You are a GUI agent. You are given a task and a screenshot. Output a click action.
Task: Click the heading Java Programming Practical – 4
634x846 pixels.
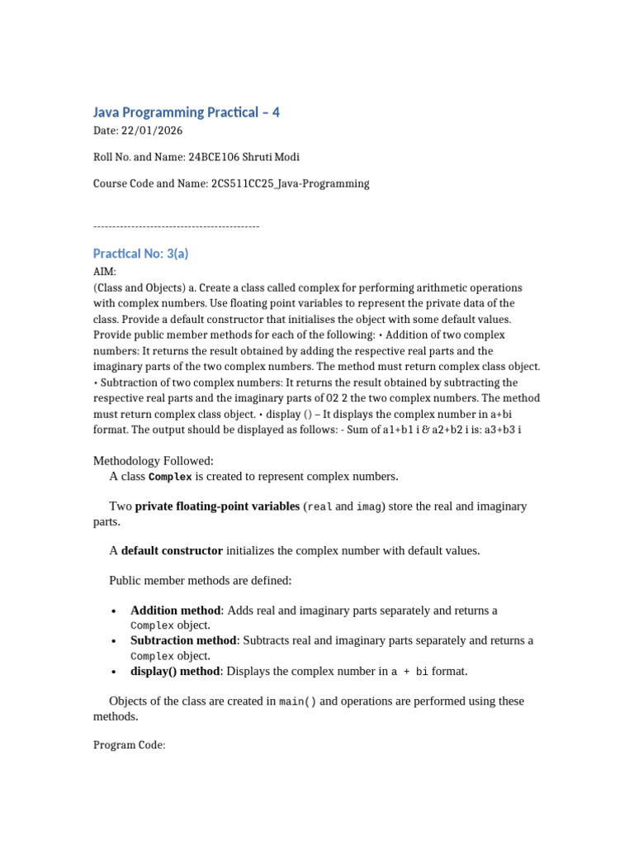(187, 112)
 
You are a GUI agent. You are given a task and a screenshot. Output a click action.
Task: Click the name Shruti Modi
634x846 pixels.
(273, 157)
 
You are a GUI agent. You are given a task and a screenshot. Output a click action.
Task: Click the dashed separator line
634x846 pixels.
(177, 226)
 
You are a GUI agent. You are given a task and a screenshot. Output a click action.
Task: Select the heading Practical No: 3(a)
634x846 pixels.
(141, 254)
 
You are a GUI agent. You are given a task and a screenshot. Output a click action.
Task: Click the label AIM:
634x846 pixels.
(105, 271)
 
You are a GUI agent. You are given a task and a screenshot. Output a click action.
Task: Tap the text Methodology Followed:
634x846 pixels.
(154, 460)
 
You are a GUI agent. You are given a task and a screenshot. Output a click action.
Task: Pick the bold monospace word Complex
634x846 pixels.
(170, 477)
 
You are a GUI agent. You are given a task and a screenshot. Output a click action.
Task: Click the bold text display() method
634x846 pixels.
(175, 671)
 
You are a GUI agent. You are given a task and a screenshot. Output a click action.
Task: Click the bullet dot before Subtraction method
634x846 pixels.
(113, 641)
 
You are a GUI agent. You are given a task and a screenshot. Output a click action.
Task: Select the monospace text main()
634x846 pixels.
(297, 701)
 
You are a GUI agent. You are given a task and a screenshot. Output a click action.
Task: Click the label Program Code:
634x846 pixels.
(130, 745)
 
